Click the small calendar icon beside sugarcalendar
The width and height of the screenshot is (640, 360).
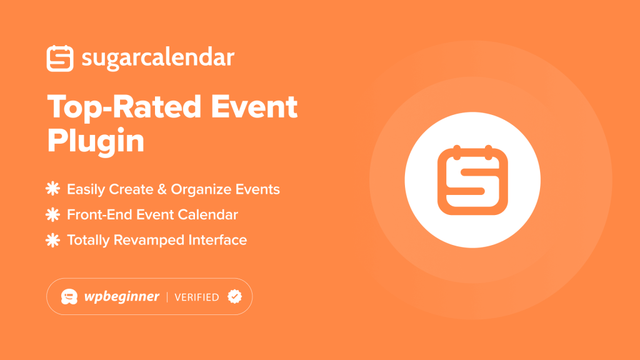(x=61, y=58)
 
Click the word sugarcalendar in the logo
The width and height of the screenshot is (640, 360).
(x=157, y=59)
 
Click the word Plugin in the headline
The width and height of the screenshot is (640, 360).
(x=96, y=141)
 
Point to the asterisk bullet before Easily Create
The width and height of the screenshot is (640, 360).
(x=53, y=189)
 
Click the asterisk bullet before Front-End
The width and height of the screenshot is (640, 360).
(x=53, y=214)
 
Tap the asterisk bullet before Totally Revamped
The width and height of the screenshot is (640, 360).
(x=53, y=240)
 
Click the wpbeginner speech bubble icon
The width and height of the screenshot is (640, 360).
(x=69, y=296)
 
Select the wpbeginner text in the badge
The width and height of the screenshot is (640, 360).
(x=122, y=297)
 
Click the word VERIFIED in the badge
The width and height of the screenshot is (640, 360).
(x=196, y=297)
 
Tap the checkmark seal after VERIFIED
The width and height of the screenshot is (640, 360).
(x=234, y=296)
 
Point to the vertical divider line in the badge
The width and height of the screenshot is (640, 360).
(x=167, y=297)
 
